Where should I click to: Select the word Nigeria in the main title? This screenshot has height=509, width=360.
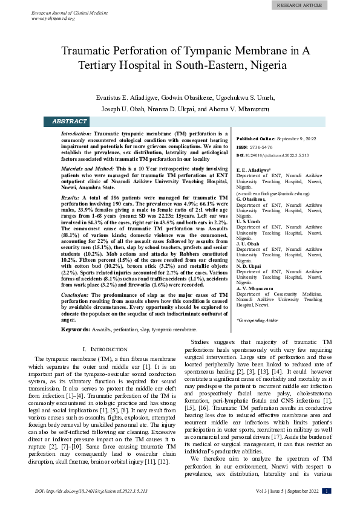click(x=269, y=64)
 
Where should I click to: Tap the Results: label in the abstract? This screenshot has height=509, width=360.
click(x=70, y=198)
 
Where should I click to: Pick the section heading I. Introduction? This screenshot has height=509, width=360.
click(x=104, y=350)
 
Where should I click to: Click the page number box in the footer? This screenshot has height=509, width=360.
click(x=326, y=491)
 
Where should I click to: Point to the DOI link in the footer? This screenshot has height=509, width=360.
click(x=92, y=491)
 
